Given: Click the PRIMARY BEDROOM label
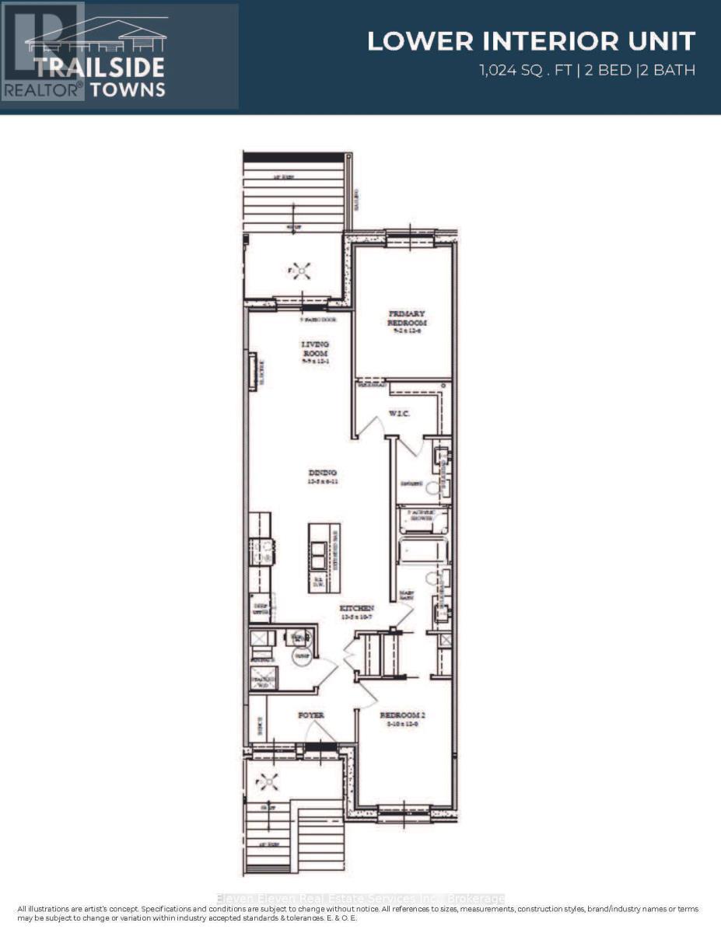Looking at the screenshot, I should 408,318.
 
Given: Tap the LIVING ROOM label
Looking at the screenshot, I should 316,348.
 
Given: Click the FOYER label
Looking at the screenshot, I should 311,715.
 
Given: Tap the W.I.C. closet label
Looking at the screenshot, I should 399,414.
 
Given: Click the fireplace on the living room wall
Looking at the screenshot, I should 252,371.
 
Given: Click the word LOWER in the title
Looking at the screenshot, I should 411,41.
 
